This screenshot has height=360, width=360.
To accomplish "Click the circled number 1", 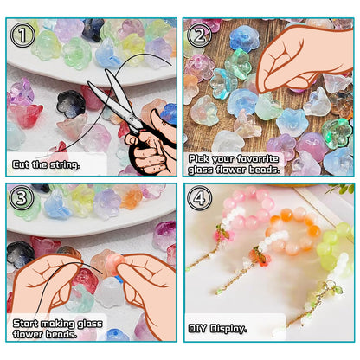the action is [x=22, y=35].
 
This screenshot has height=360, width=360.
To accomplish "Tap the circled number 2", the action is [x=199, y=35].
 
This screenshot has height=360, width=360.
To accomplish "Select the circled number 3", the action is [x=22, y=198].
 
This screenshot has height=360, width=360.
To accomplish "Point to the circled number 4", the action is [x=200, y=198].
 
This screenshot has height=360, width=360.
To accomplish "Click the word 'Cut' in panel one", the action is [x=21, y=164].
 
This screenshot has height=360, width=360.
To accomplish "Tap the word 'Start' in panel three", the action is [x=25, y=323].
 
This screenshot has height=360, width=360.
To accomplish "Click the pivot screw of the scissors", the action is [x=132, y=118].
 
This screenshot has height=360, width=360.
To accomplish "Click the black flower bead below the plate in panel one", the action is [x=71, y=104].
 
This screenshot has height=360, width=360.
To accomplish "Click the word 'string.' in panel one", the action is [x=65, y=165].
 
